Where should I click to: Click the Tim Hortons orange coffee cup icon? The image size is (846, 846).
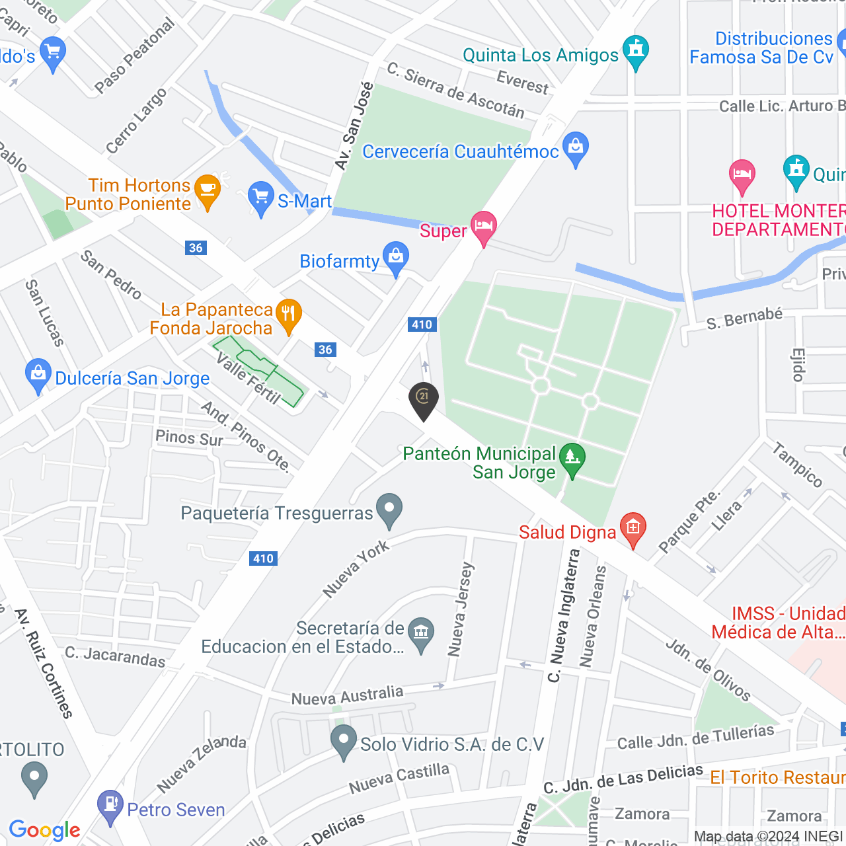click(208, 190)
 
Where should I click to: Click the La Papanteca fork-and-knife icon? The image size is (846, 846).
click(288, 315)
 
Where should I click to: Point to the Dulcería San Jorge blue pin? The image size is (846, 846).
click(38, 375)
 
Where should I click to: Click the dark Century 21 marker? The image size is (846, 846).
click(424, 399)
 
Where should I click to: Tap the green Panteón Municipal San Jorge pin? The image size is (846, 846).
click(572, 459)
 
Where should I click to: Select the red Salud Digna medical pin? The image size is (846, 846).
click(633, 529)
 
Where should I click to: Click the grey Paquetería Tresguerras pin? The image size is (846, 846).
click(389, 510)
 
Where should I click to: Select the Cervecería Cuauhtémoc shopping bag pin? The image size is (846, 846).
click(576, 148)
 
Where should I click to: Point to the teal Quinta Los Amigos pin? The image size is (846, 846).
click(636, 51)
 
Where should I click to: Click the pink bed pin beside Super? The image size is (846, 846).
click(484, 227)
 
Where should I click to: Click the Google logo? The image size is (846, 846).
click(44, 830)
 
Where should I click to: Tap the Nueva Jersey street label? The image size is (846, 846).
click(461, 609)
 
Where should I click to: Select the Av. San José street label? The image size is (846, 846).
click(354, 126)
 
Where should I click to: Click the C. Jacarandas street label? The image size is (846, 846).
click(115, 656)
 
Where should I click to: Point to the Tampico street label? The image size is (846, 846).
click(798, 465)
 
